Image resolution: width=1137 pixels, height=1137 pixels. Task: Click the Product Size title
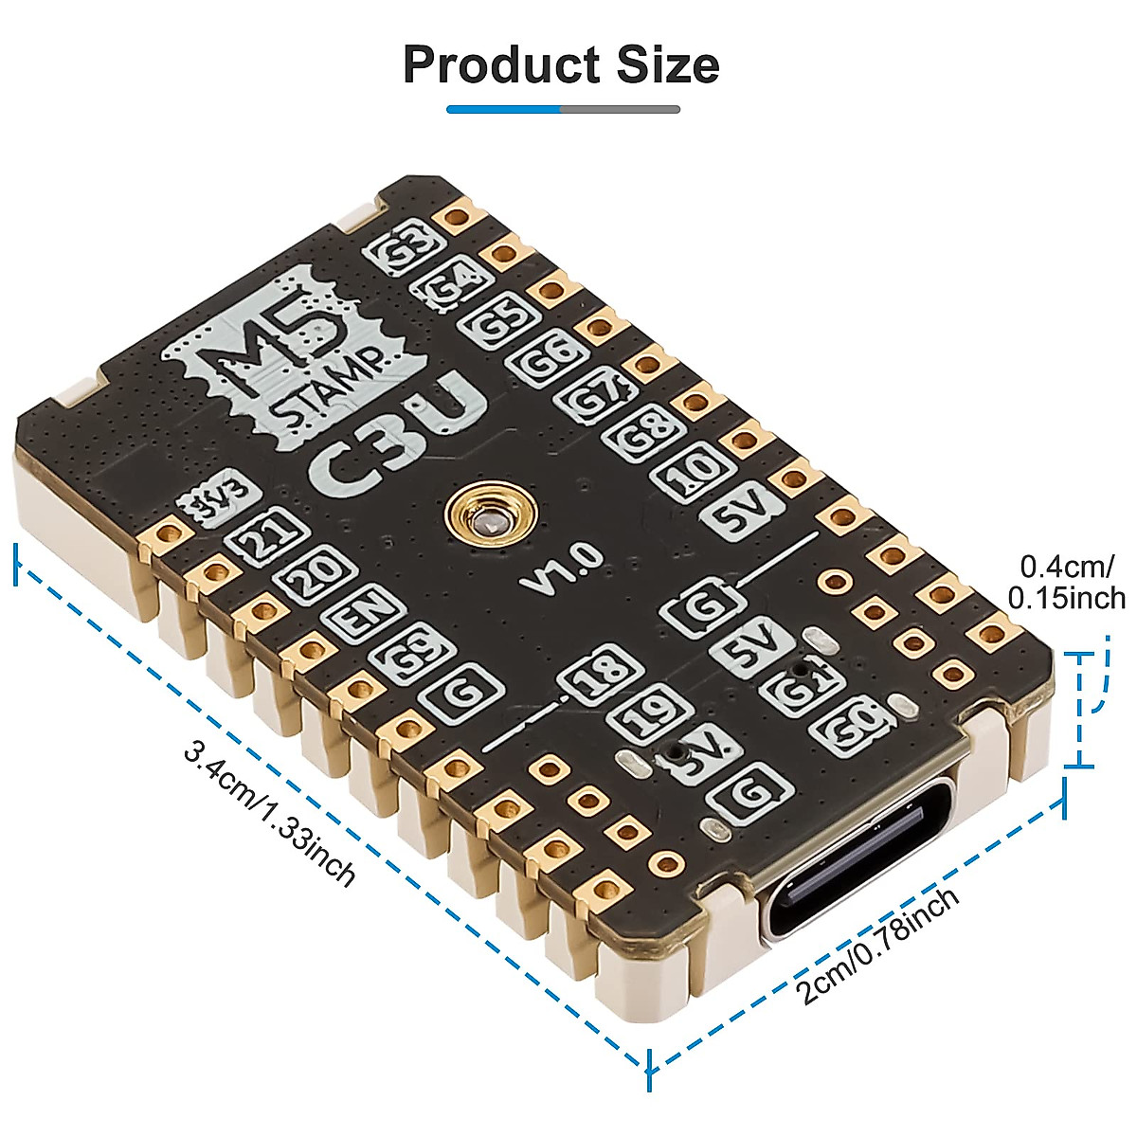tap(561, 64)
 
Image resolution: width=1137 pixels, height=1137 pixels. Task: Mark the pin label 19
tap(647, 713)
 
